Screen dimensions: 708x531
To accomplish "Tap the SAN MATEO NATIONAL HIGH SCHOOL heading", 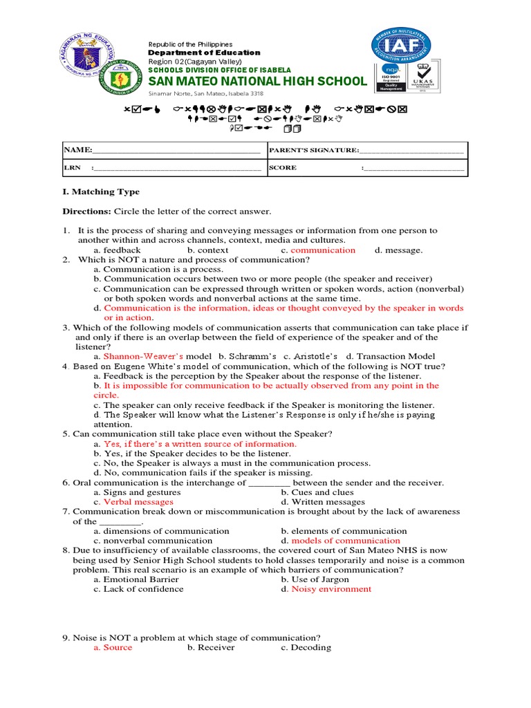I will point(257,82).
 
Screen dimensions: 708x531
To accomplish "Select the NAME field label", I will point(77,150).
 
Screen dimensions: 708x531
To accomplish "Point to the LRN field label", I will point(72,167).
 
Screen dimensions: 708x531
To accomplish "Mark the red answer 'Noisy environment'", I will point(331,589).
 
